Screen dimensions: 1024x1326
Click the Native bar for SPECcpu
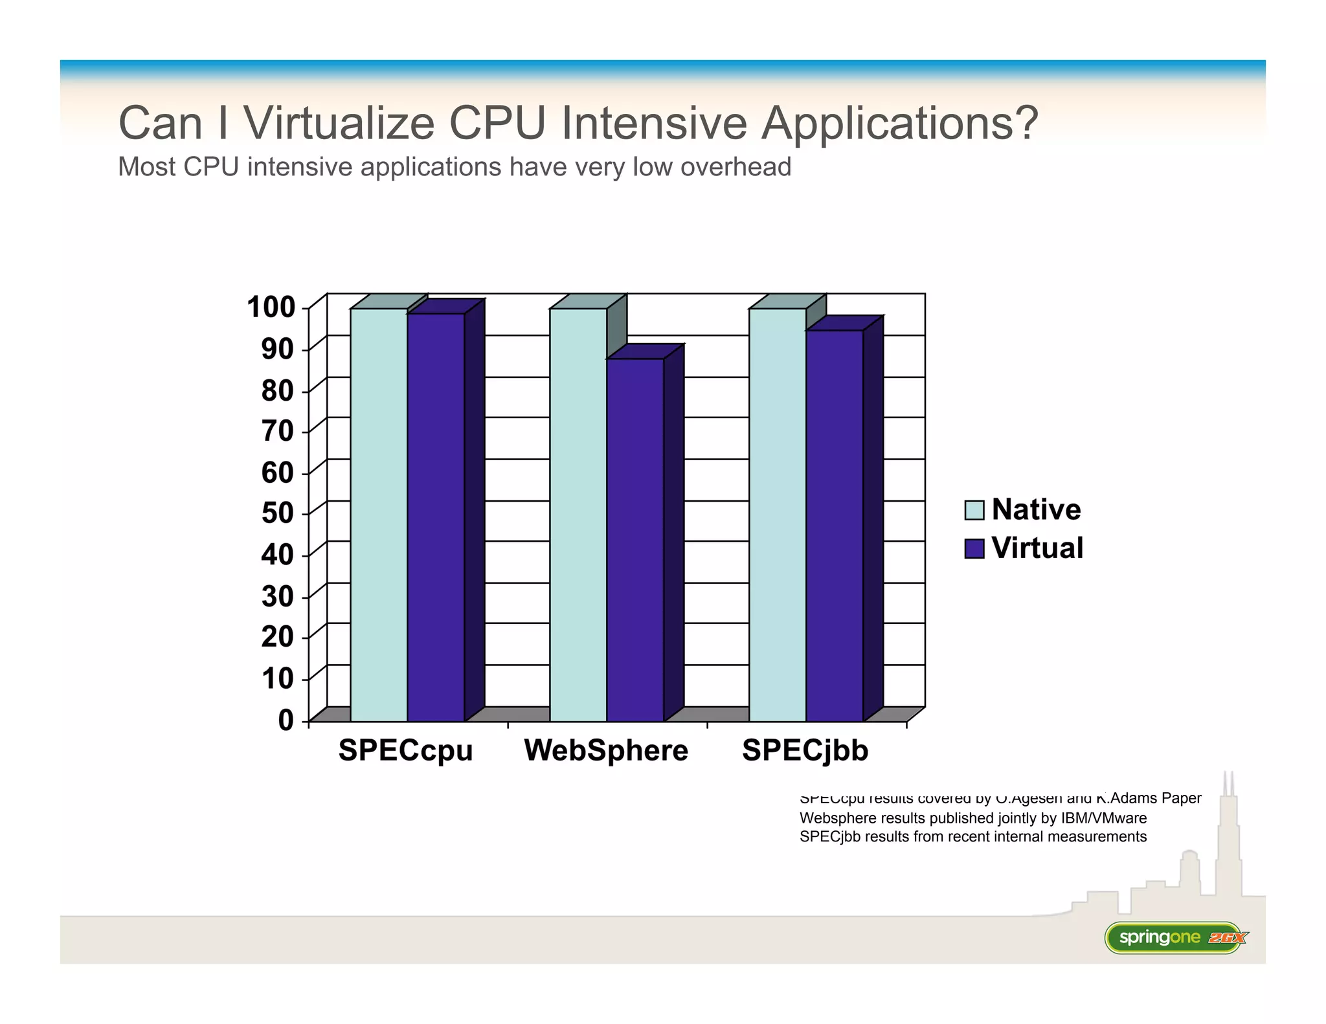(x=379, y=515)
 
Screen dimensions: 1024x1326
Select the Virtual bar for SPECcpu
(x=436, y=518)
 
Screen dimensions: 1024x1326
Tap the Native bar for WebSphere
(x=578, y=515)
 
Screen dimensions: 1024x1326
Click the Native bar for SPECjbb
(x=778, y=515)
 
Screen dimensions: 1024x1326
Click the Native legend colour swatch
(x=974, y=510)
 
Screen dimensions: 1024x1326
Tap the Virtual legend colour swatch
(x=974, y=548)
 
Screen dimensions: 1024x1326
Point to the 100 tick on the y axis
(x=271, y=307)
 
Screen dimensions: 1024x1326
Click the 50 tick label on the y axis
(x=277, y=513)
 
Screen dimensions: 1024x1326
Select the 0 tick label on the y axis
(x=286, y=720)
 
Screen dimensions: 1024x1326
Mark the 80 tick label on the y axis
(x=277, y=391)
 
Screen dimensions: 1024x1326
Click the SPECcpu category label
(x=405, y=751)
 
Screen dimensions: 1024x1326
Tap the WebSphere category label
(x=606, y=751)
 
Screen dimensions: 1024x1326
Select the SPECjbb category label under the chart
(x=805, y=751)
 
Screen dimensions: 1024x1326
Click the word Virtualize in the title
(x=339, y=122)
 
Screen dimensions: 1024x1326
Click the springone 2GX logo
(x=1175, y=937)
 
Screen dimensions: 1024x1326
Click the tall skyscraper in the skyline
(x=1228, y=841)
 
